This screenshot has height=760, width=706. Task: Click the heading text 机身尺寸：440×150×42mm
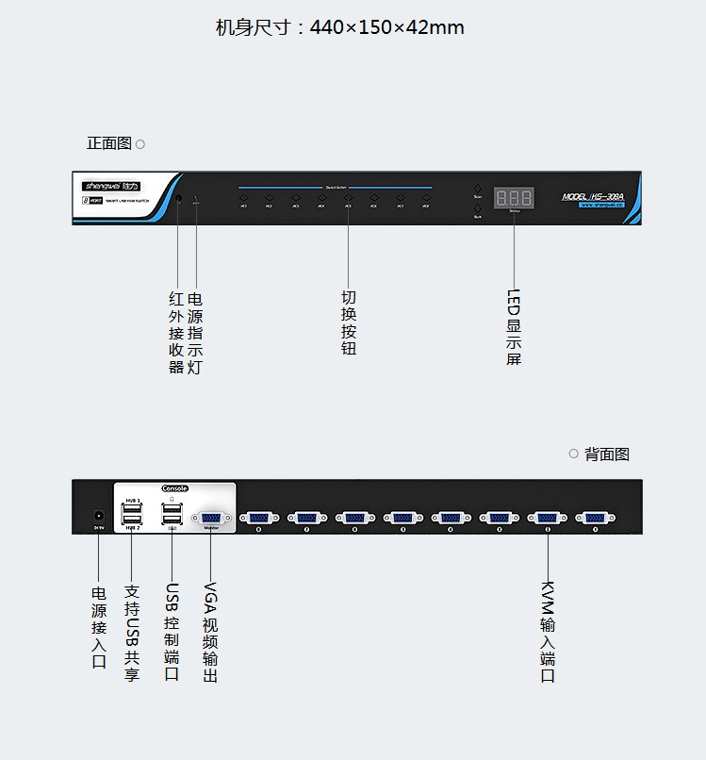pos(340,27)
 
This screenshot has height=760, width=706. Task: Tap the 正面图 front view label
pos(109,143)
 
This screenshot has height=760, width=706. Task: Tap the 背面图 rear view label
pos(606,454)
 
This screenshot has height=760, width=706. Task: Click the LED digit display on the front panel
pos(514,198)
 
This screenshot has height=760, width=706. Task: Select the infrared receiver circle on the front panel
pos(178,199)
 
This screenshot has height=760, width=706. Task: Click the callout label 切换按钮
pos(349,323)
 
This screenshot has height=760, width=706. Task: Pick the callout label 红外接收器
pos(176,333)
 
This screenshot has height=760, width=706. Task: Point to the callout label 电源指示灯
pos(195,333)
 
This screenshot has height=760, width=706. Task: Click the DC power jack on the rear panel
pos(97,516)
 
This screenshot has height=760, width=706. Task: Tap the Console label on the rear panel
pos(175,488)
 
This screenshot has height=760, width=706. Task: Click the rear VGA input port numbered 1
pos(594,517)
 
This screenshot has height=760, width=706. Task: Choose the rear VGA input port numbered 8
pos(258,517)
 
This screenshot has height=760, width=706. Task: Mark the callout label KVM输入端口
pos(548,632)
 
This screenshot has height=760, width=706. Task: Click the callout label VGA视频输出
pos(210,632)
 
